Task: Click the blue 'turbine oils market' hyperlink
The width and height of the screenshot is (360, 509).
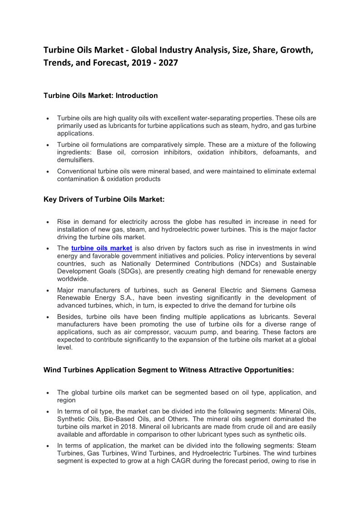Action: [102, 248]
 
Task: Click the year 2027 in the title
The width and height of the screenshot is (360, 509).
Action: [167, 63]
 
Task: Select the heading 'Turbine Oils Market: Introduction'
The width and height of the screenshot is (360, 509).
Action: [101, 96]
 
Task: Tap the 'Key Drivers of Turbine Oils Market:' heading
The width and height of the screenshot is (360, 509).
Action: [104, 199]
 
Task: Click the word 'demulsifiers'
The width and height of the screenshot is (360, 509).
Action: [75, 160]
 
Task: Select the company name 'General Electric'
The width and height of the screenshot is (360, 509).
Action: [218, 290]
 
